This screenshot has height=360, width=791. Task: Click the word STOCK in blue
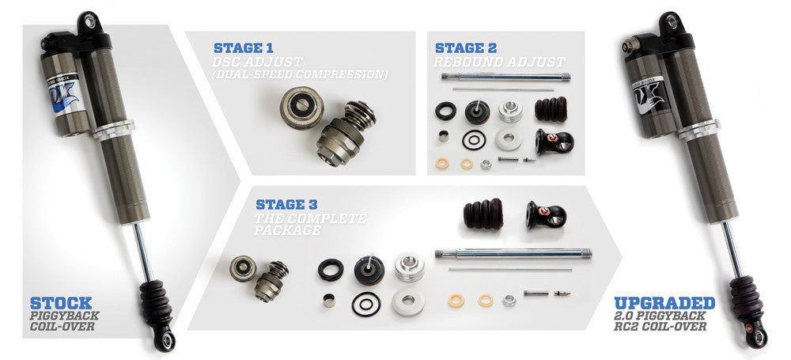60,303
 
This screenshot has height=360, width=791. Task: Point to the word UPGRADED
664,303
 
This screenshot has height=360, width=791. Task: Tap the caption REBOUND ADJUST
499,62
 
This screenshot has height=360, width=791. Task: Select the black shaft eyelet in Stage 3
545,214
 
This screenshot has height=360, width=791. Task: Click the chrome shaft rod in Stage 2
507,77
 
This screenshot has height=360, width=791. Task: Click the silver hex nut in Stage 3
509,301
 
